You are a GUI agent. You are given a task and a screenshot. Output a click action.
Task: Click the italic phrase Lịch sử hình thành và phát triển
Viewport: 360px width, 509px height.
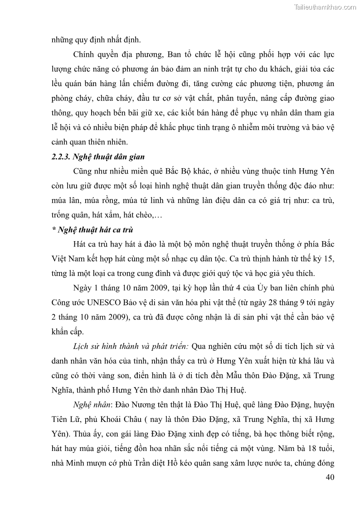click(131, 346)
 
